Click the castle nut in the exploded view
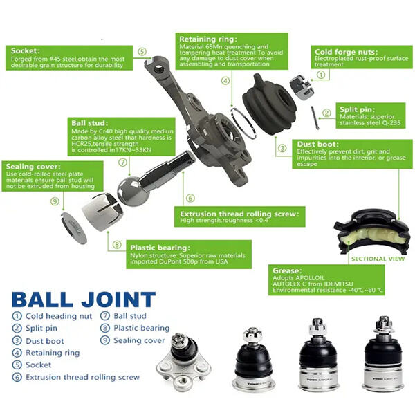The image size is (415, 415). point(302,87)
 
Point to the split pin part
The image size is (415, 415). point(315,118)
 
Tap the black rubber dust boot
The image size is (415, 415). point(269,104)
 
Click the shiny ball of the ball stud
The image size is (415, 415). point(131,191)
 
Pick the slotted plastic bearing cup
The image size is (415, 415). point(102,212)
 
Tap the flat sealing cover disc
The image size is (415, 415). point(74,228)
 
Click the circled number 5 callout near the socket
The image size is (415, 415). point(142,52)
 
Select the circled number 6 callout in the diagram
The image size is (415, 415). point(190,198)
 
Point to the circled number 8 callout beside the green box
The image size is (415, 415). point(117,245)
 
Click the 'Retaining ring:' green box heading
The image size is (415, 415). point(208,39)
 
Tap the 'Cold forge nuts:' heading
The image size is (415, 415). point(347,52)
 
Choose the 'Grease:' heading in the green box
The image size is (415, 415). point(287,270)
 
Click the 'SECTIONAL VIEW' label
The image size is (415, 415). point(378,259)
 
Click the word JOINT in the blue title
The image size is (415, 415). point(118,299)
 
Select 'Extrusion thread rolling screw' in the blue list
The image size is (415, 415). point(82,377)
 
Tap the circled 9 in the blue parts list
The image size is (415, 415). point(105,340)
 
